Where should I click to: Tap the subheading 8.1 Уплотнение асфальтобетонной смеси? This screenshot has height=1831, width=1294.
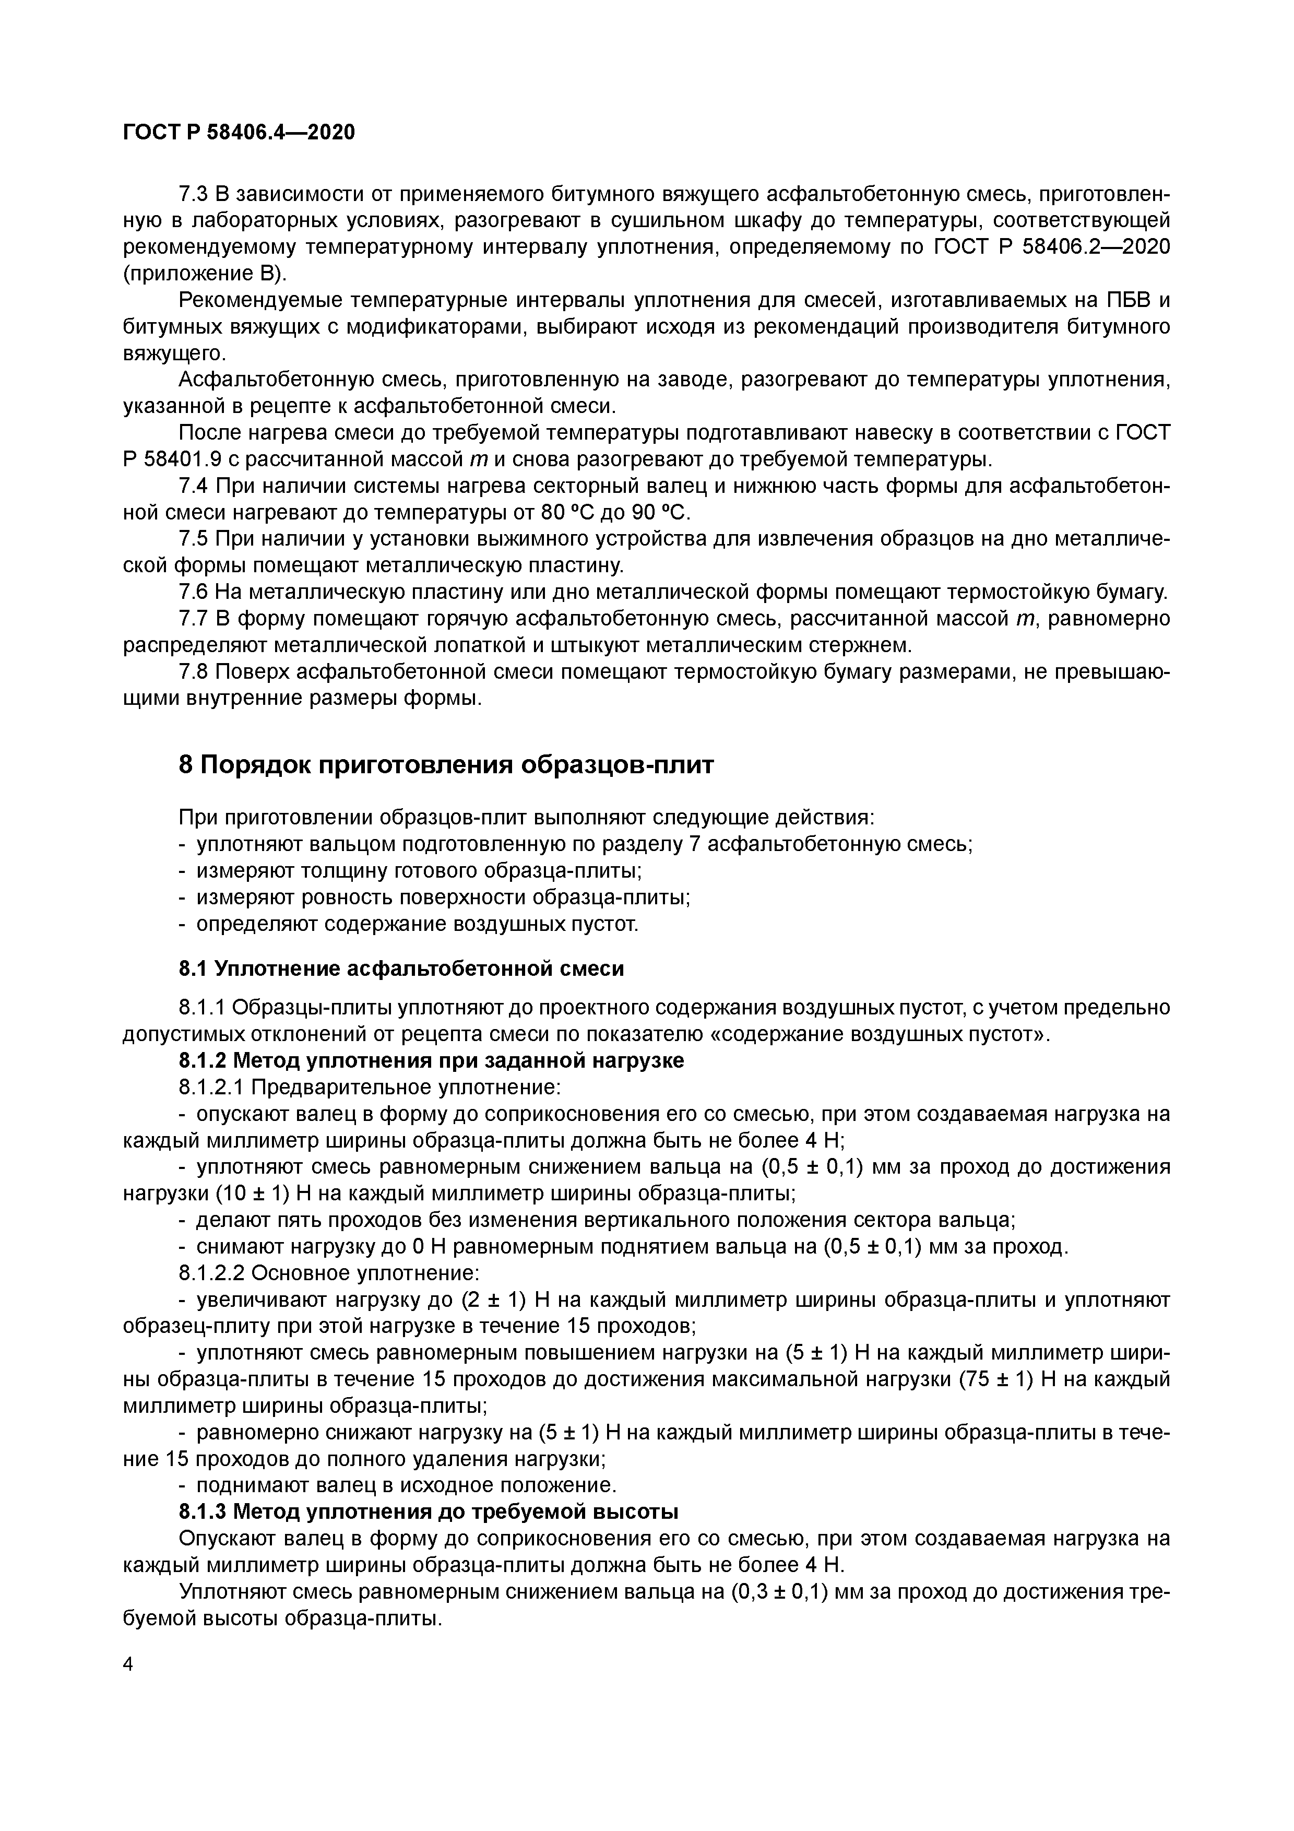[401, 969]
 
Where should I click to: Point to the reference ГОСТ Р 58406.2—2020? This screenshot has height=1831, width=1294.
[1051, 247]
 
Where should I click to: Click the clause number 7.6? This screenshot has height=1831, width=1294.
[194, 592]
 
